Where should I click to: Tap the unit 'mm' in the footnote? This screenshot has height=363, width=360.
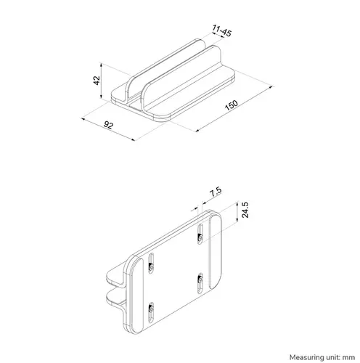click(351, 358)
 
